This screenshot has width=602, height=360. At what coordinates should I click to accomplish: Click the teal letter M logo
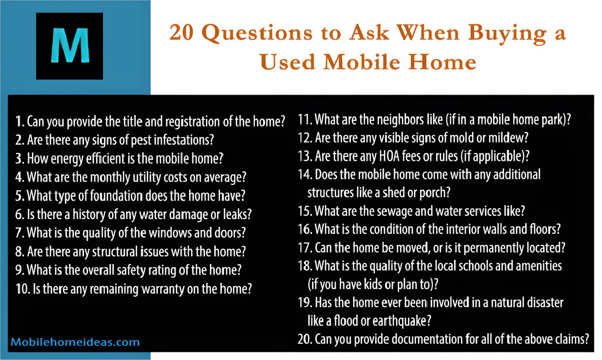(70, 46)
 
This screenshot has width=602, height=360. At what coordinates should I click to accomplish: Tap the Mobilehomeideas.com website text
(75, 342)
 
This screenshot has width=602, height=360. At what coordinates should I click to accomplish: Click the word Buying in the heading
(508, 33)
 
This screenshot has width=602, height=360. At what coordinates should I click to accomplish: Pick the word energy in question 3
(67, 159)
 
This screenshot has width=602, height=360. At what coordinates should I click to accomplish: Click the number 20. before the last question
(305, 339)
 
